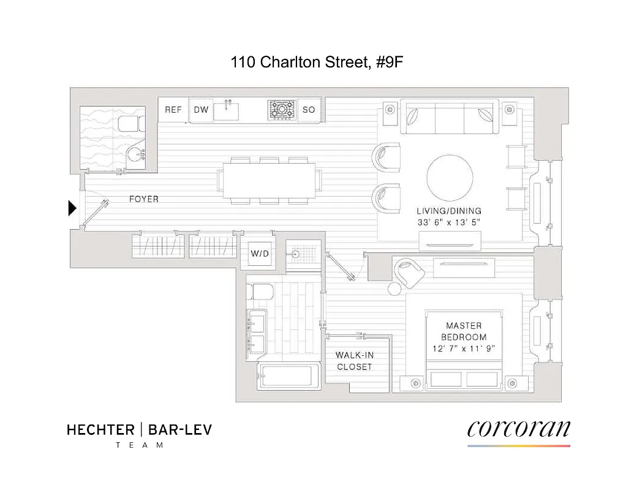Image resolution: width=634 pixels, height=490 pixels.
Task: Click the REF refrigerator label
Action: (173, 110)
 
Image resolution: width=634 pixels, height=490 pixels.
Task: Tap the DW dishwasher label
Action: (202, 110)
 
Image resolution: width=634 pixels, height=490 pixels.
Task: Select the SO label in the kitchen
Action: (309, 110)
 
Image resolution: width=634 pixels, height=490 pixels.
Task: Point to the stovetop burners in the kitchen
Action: (282, 110)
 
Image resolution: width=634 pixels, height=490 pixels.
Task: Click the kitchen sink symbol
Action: (231, 110)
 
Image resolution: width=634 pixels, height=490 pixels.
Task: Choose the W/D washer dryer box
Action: (259, 254)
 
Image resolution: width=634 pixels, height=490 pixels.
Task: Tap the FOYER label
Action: (143, 199)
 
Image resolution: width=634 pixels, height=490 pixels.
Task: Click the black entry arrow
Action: (72, 209)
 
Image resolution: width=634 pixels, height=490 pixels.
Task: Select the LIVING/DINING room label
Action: (449, 211)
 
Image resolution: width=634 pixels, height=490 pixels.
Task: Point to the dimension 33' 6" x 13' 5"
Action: (449, 222)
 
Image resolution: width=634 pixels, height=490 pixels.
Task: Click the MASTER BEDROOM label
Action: (464, 331)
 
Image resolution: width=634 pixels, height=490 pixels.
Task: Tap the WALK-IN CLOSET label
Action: (354, 361)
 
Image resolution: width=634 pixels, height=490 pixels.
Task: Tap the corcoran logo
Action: (518, 428)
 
